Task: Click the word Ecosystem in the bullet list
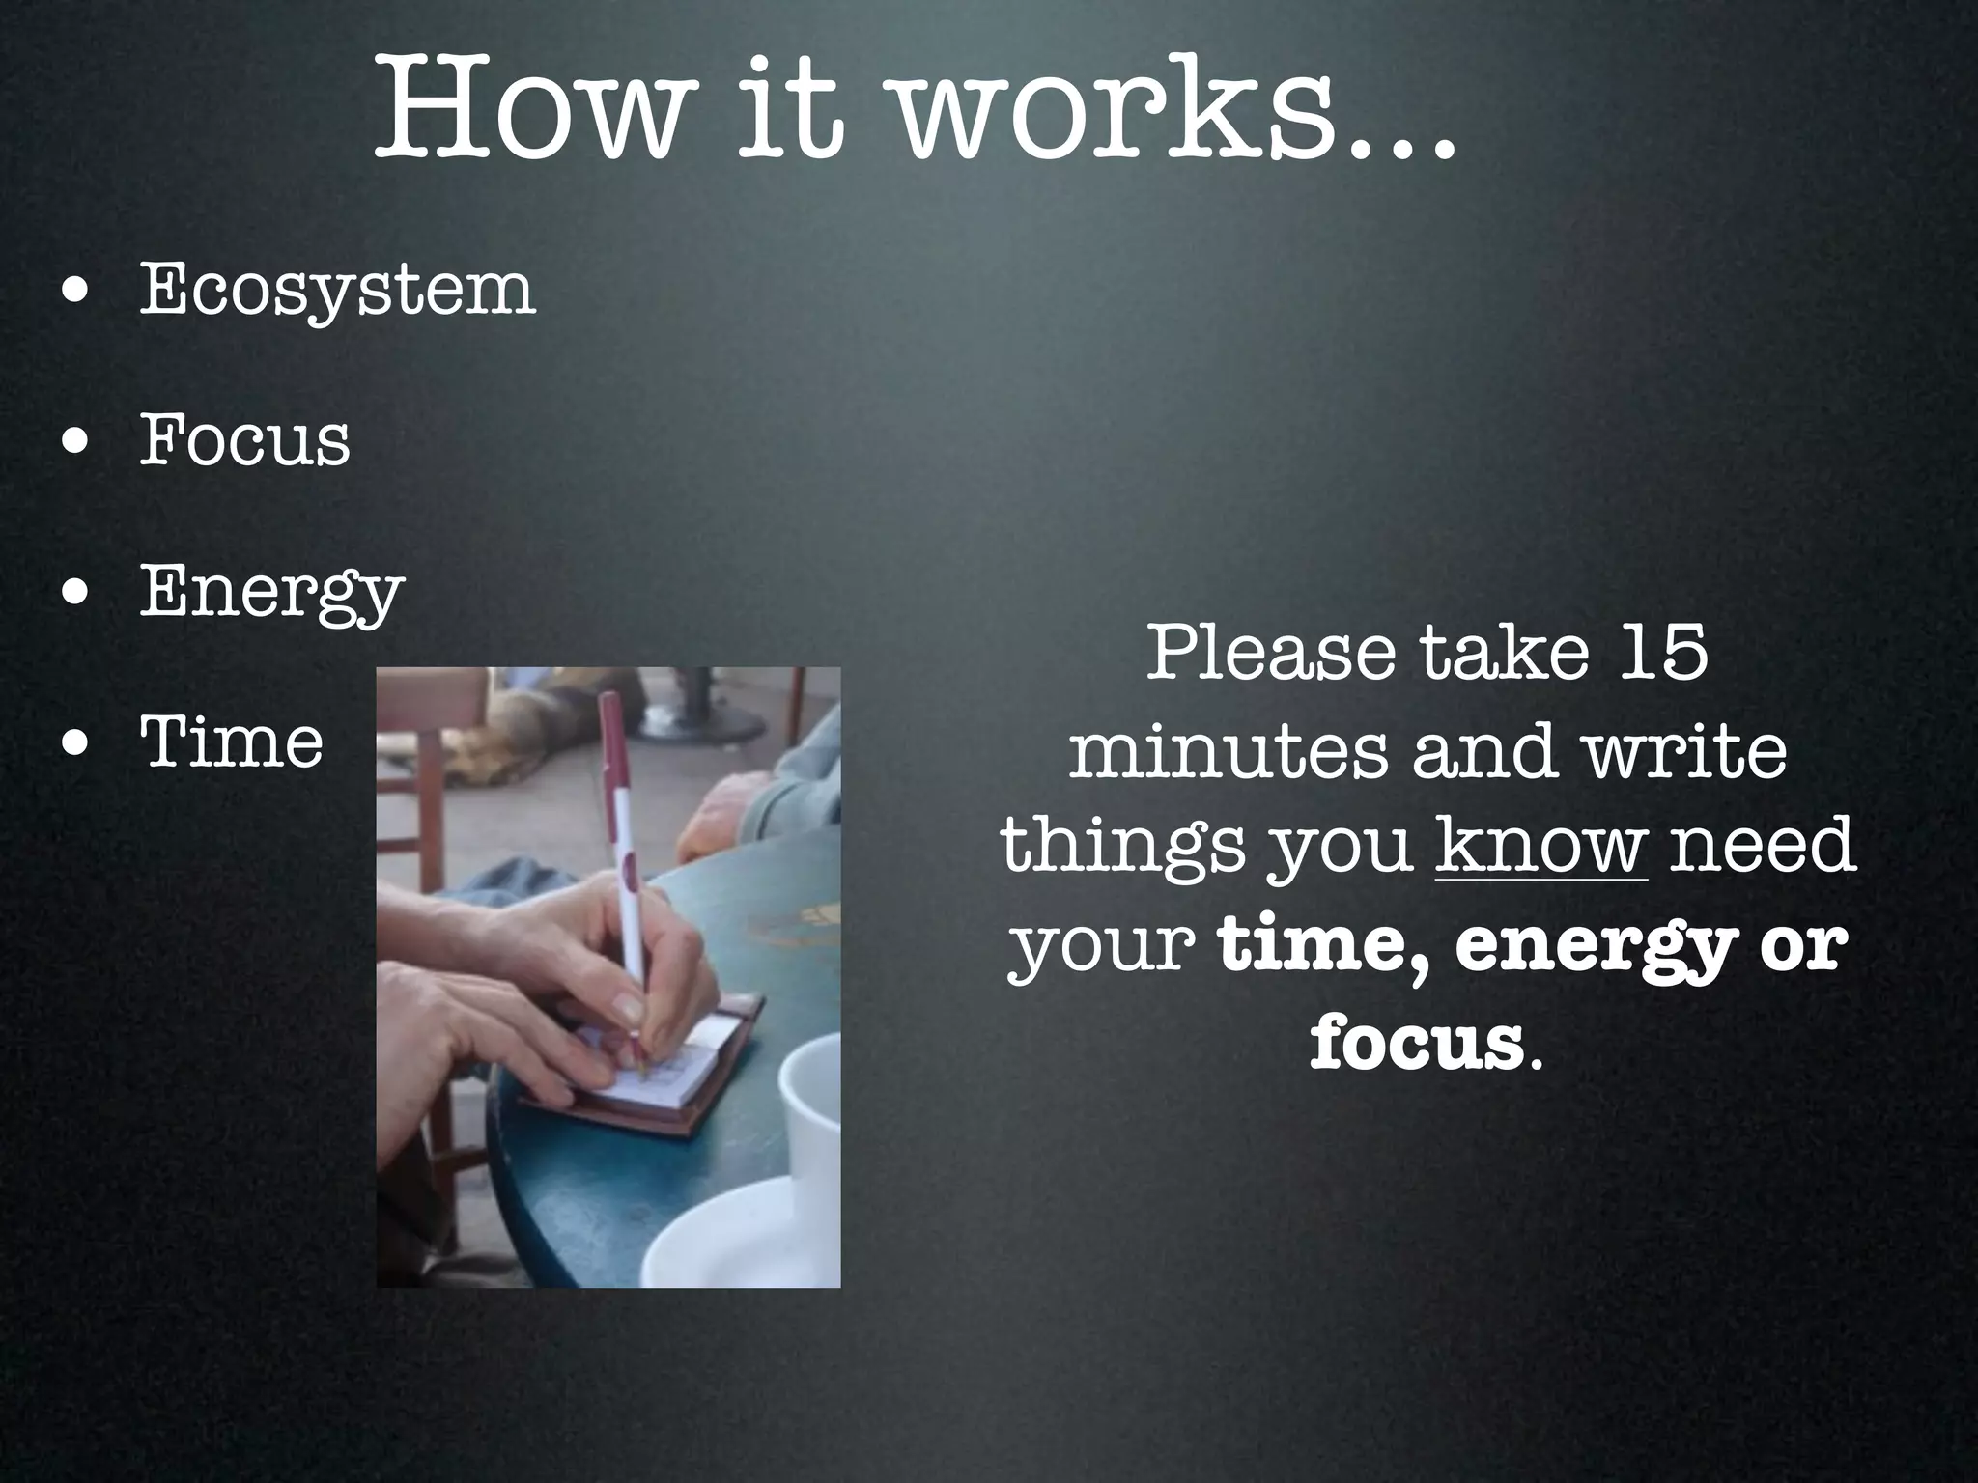pos(337,291)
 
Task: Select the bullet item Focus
pos(244,441)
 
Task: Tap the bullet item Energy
pos(271,592)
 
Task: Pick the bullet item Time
pos(232,742)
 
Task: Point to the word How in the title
pos(529,111)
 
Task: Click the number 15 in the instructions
pos(1663,653)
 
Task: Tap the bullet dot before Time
pos(75,745)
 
